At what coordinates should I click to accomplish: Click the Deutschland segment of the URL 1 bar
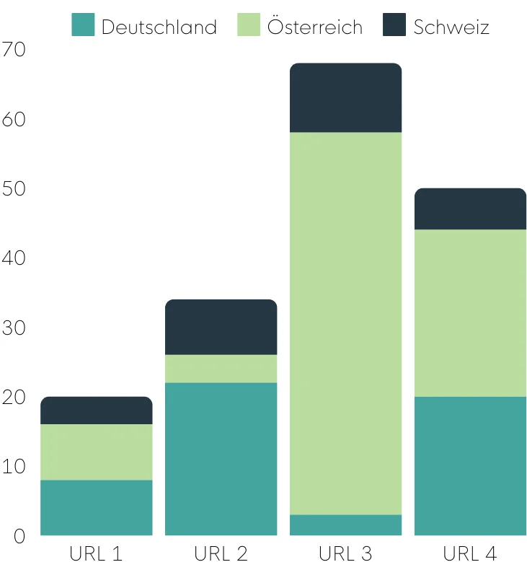coord(96,507)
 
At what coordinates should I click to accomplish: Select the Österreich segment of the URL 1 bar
coord(96,452)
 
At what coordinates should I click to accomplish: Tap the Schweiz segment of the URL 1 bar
coord(96,410)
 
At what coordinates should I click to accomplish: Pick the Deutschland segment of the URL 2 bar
coord(221,458)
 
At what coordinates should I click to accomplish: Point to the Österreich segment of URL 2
coord(221,368)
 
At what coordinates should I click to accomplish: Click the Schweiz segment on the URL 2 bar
coord(221,327)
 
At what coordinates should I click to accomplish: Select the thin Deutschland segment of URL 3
coord(345,524)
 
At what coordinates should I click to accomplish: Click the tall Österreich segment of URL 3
coord(345,323)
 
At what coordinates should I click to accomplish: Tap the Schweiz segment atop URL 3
coord(345,98)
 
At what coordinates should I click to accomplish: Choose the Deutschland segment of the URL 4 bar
coord(470,465)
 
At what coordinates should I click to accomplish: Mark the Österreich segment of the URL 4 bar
coord(470,313)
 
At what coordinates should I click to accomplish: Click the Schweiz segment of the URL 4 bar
coord(470,209)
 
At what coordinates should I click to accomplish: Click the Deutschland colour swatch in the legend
coord(83,25)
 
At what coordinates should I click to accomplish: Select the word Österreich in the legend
coord(314,27)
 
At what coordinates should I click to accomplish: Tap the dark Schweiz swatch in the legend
coord(394,25)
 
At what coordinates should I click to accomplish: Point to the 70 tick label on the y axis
coord(14,50)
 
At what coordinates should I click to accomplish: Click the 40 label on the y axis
coord(14,258)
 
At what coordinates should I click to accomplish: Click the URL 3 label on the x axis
coord(345,553)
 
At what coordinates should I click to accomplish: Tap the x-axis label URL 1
coord(96,553)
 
